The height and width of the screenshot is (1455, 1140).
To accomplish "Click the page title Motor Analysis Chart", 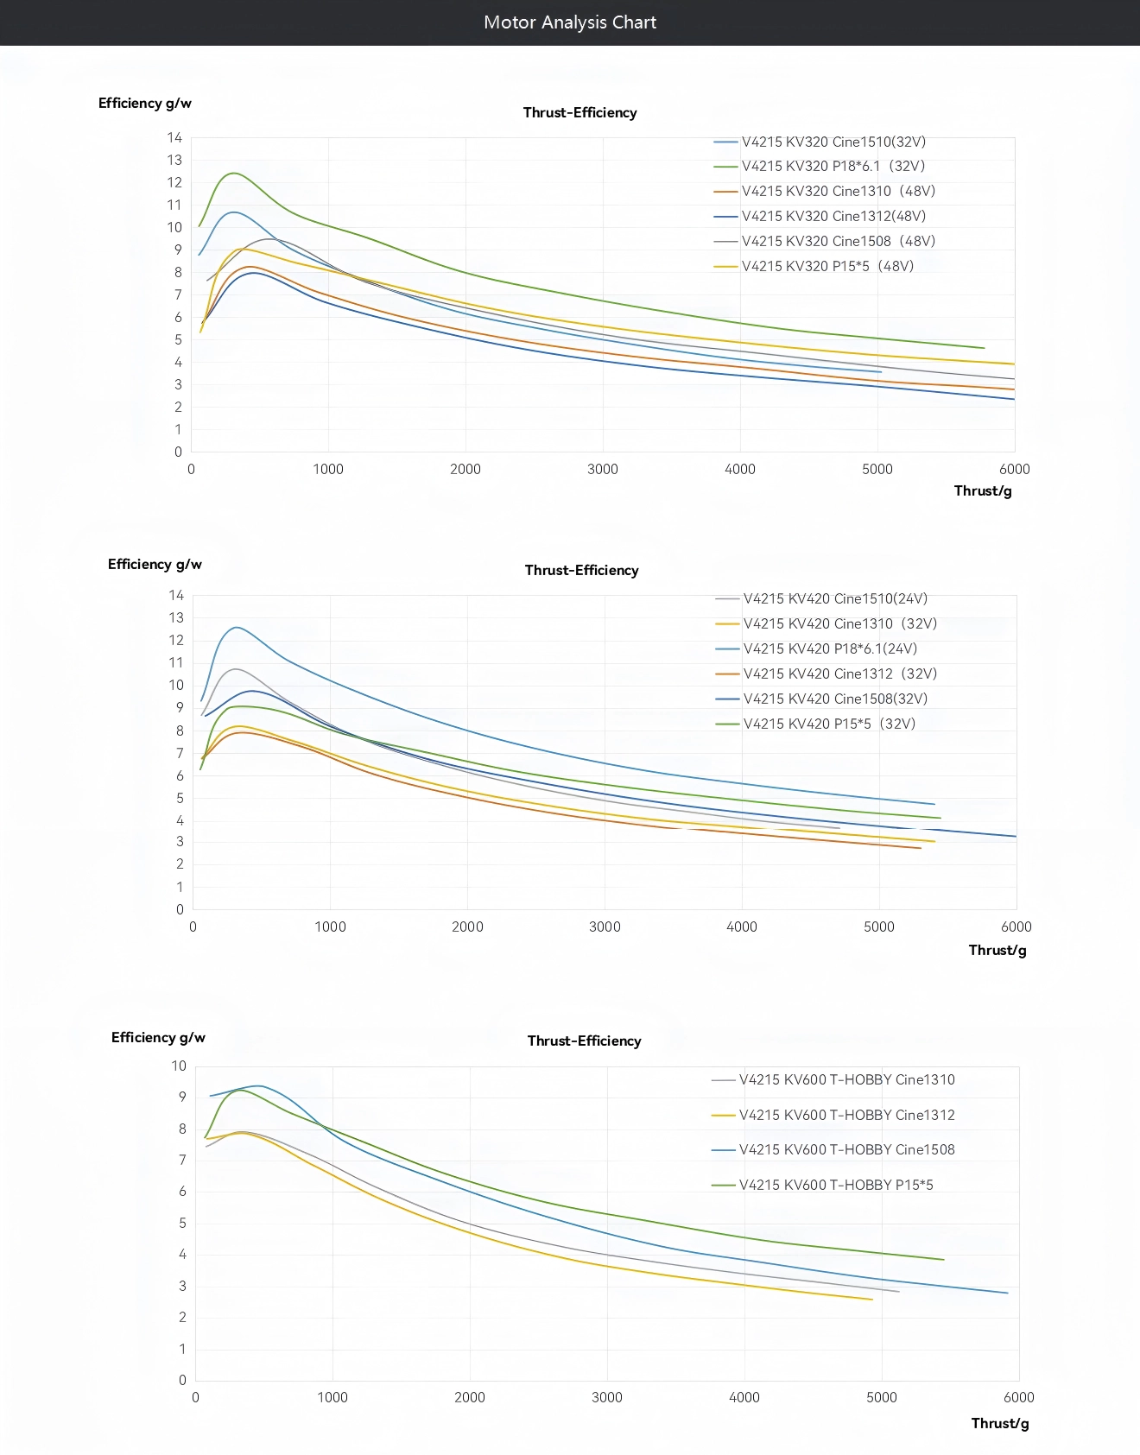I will pyautogui.click(x=570, y=22).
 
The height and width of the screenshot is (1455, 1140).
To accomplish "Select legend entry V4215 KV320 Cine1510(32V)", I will pyautogui.click(x=833, y=142).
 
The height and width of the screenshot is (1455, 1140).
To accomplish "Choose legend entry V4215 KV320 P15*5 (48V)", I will pyautogui.click(x=826, y=266).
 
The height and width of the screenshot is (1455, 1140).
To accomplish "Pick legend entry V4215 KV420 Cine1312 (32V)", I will pyautogui.click(x=839, y=674).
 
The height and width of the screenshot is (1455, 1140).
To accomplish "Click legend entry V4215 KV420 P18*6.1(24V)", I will pyautogui.click(x=830, y=648).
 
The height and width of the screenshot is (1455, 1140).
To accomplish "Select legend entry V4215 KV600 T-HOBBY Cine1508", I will pyautogui.click(x=846, y=1149).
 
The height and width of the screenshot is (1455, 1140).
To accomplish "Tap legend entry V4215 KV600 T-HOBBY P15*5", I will pyautogui.click(x=835, y=1185).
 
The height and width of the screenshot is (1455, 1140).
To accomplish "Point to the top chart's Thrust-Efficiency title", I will pyautogui.click(x=579, y=112).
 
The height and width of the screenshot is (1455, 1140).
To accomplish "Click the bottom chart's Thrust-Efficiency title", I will pyautogui.click(x=584, y=1041).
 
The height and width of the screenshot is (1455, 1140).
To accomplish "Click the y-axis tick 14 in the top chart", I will pyautogui.click(x=175, y=137).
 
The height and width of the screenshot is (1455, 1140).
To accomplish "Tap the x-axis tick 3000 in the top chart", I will pyautogui.click(x=603, y=469).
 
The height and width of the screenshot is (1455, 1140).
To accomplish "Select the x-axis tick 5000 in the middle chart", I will pyautogui.click(x=879, y=927).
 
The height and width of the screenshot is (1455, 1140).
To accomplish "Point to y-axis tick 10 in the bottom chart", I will pyautogui.click(x=179, y=1066).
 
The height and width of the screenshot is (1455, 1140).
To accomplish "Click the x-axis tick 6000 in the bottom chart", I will pyautogui.click(x=1018, y=1397).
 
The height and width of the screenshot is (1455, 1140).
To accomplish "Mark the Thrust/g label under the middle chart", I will pyautogui.click(x=997, y=950).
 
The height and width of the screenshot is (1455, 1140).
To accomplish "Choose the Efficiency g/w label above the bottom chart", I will pyautogui.click(x=158, y=1037).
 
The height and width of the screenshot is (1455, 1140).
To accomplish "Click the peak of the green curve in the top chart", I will pyautogui.click(x=233, y=173).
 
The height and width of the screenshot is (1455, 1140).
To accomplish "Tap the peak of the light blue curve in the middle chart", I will pyautogui.click(x=237, y=627).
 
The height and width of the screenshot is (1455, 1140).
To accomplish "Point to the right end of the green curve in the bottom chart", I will pyautogui.click(x=943, y=1259).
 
